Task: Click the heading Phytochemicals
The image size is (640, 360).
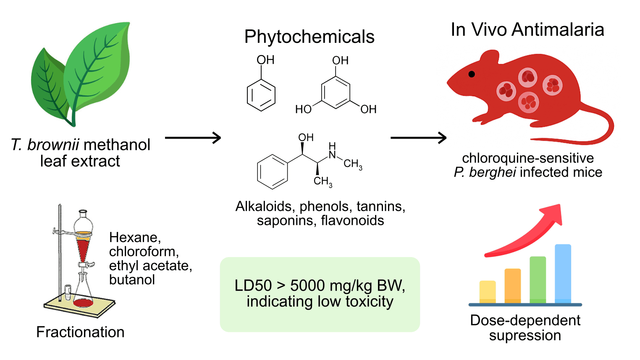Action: (x=309, y=37)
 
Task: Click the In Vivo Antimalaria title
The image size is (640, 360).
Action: (x=527, y=30)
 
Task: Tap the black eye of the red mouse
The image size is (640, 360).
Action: (x=472, y=74)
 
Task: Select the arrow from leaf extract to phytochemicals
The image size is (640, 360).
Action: (x=193, y=137)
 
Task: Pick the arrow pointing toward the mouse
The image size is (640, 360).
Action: (x=418, y=137)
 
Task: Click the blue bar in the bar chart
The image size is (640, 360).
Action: (x=563, y=273)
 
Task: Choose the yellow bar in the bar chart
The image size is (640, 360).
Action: (x=487, y=292)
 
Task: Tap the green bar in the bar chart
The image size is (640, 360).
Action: (x=538, y=279)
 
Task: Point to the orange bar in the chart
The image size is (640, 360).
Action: (x=512, y=286)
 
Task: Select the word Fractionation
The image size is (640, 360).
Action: (x=80, y=332)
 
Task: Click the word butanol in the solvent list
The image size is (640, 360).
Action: (x=132, y=280)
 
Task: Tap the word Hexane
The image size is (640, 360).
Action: (x=134, y=238)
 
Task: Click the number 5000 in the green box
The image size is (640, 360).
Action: (x=307, y=286)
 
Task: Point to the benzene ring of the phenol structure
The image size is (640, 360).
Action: (x=261, y=95)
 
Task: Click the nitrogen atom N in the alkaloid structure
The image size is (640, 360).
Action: (x=332, y=155)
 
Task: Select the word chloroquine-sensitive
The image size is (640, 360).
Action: (x=527, y=158)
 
